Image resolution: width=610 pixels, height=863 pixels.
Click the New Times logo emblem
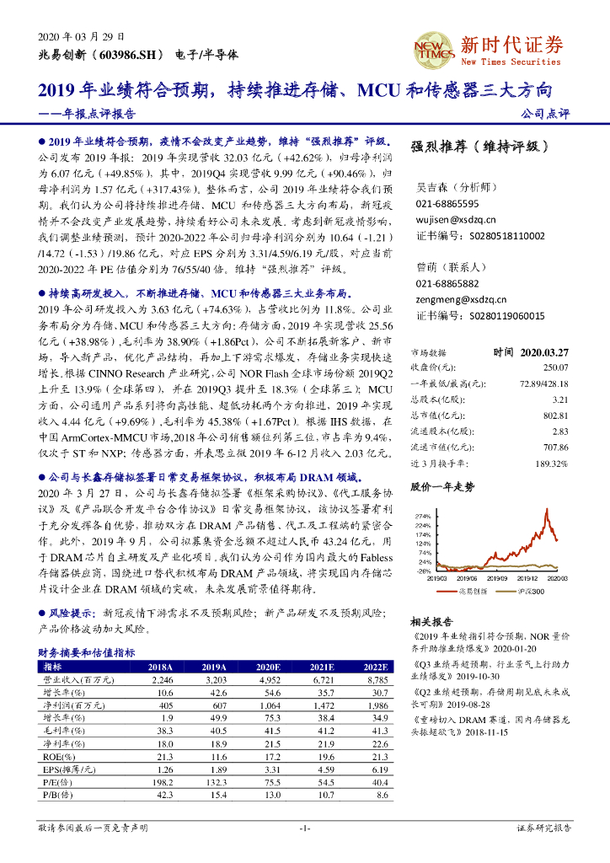pos(432,51)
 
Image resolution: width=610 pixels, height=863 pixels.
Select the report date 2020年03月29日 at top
pos(82,37)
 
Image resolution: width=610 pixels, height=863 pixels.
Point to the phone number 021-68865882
pos(447,284)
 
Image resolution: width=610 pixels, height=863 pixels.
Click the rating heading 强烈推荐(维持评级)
pos(479,146)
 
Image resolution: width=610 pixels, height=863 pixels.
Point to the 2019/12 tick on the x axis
pos(527,578)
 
